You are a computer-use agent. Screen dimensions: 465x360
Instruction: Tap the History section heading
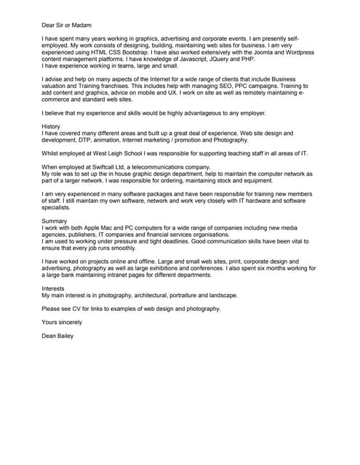pos(52,126)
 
